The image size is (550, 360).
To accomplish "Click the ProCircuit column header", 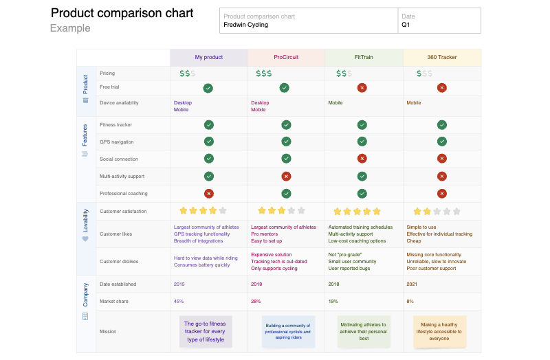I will (x=285, y=58).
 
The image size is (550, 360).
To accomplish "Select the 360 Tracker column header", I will (x=441, y=58).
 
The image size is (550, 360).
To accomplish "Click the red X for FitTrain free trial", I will (x=362, y=88).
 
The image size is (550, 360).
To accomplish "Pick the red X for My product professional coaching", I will (x=208, y=194).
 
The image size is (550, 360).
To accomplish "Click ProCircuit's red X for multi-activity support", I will (x=286, y=177).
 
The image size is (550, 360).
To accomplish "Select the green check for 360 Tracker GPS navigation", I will (x=442, y=142).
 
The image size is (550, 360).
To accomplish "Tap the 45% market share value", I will (x=179, y=302).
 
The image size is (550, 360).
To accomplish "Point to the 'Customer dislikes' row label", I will (x=119, y=261).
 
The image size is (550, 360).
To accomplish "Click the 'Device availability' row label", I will (x=119, y=103).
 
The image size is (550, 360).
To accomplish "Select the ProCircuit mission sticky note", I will (x=288, y=331).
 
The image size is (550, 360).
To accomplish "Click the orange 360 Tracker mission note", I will (x=439, y=331).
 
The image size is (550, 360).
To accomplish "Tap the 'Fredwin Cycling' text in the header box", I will (x=245, y=25).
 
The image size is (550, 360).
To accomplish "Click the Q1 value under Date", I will (x=406, y=25).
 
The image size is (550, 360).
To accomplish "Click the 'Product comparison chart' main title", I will (x=122, y=13).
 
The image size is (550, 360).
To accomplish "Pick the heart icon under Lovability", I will (x=85, y=239).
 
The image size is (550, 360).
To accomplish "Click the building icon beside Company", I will (x=85, y=317).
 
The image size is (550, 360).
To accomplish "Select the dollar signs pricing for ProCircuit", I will (x=263, y=74).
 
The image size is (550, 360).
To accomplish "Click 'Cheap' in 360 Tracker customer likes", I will (x=413, y=241).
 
